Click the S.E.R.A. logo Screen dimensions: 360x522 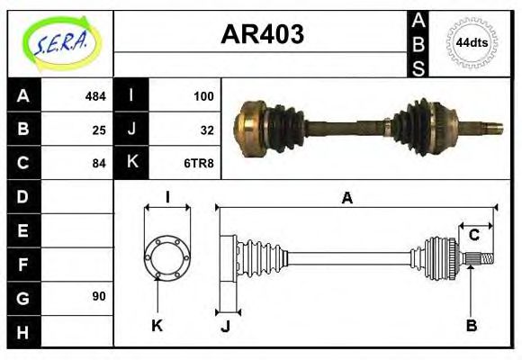[x=61, y=41]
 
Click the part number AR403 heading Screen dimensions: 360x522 [x=262, y=35]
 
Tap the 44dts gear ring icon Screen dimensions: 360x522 [x=472, y=42]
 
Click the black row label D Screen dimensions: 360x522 [x=23, y=196]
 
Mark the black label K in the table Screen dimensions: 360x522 [x=131, y=163]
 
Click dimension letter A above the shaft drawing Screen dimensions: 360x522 [x=346, y=198]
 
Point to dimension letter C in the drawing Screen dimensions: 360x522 [x=473, y=236]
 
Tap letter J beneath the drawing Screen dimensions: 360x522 [x=225, y=326]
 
